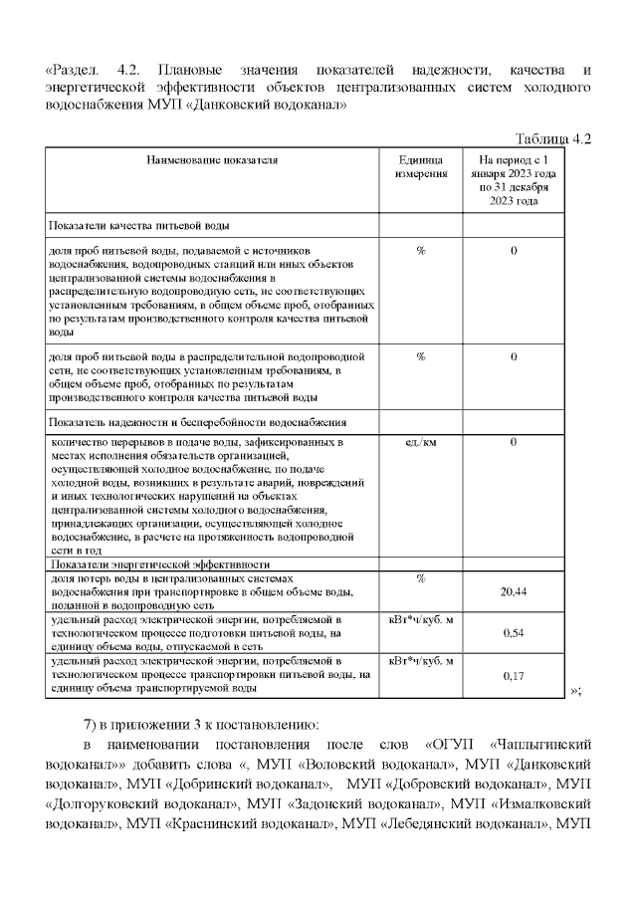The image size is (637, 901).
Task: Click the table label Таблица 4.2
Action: [x=552, y=137]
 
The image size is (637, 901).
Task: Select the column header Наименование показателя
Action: [x=212, y=159]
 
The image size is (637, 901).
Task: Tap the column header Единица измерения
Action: [x=421, y=166]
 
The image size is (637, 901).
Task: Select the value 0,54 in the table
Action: [x=514, y=632]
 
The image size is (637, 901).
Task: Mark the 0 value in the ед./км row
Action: [x=514, y=441]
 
